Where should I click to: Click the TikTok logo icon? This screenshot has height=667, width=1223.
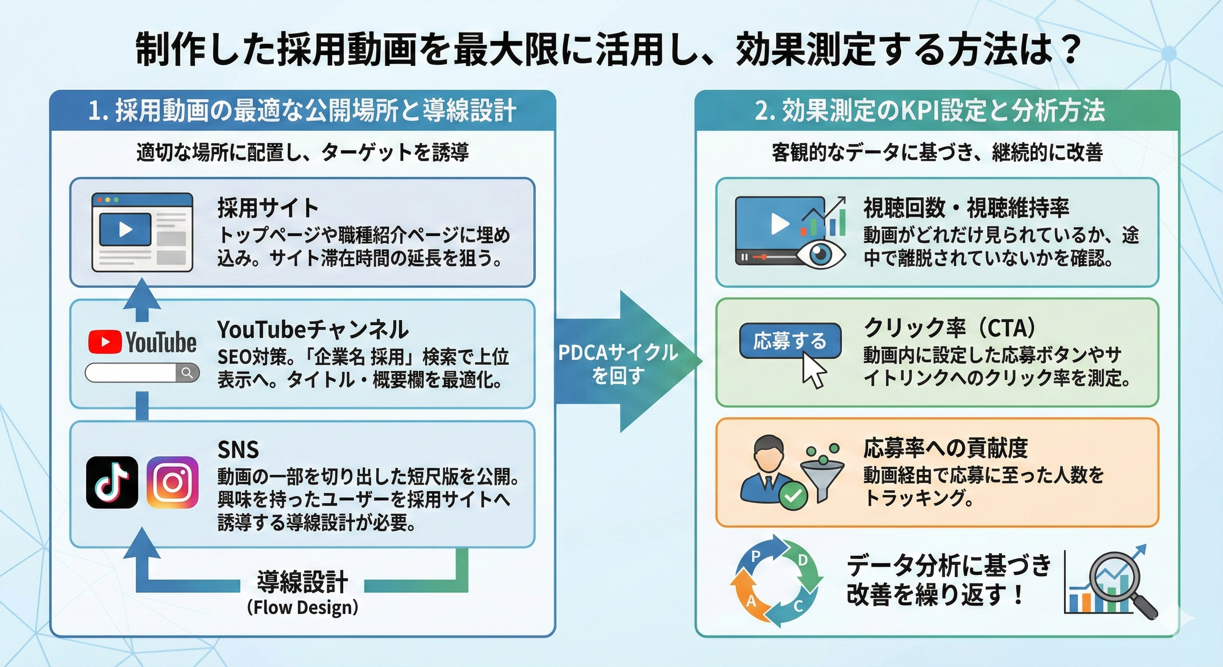pos(112,482)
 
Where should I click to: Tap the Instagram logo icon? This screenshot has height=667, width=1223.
pos(172,482)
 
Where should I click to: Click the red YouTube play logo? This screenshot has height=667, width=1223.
pos(104,342)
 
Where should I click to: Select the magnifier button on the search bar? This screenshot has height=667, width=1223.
pos(187,373)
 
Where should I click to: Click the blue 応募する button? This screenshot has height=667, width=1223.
pos(790,341)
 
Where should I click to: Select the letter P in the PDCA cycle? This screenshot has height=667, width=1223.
pos(756,556)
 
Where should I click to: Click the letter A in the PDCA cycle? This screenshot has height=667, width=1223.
pos(751,601)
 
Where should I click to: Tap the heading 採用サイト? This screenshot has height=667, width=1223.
pos(268,208)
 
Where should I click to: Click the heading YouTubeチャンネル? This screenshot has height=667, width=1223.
pos(312,329)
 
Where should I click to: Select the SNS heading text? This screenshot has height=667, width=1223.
pos(238,449)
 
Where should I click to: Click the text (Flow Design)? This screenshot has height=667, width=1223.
pos(302,608)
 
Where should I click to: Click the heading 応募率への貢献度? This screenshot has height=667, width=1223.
pos(945,448)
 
